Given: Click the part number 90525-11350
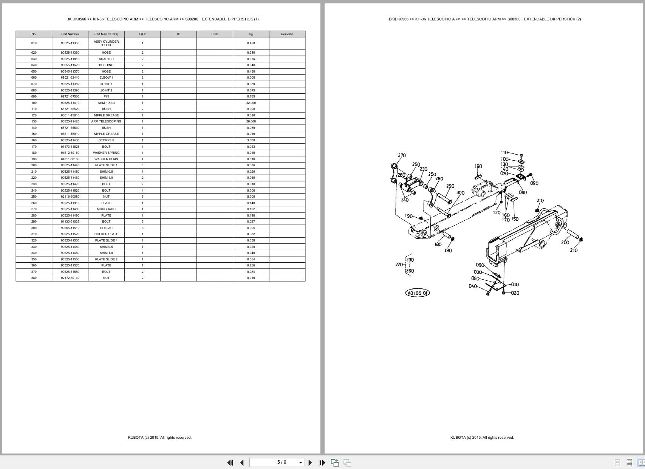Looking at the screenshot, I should (x=70, y=43).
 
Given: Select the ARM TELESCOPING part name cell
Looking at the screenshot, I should (x=106, y=121).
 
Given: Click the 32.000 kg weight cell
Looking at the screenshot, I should (x=251, y=103).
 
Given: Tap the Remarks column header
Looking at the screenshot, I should (x=287, y=34).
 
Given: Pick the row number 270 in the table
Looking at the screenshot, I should (x=34, y=209).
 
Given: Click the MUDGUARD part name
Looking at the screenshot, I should (x=106, y=209).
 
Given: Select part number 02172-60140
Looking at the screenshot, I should (x=70, y=278).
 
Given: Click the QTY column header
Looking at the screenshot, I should (x=142, y=34).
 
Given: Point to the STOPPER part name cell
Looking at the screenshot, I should (x=106, y=140).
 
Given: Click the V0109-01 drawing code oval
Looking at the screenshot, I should (x=417, y=293).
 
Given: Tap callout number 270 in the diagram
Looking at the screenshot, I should (x=402, y=155).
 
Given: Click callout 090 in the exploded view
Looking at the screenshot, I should (x=534, y=183).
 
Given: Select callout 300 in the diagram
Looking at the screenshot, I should (x=460, y=193).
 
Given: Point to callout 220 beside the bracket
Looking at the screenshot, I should (x=399, y=265).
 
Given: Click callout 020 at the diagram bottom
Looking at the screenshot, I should (x=515, y=293).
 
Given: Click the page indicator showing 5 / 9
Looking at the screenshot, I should (x=282, y=462).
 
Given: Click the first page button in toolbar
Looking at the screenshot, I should (x=230, y=463).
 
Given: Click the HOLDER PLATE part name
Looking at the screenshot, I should (x=106, y=234).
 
